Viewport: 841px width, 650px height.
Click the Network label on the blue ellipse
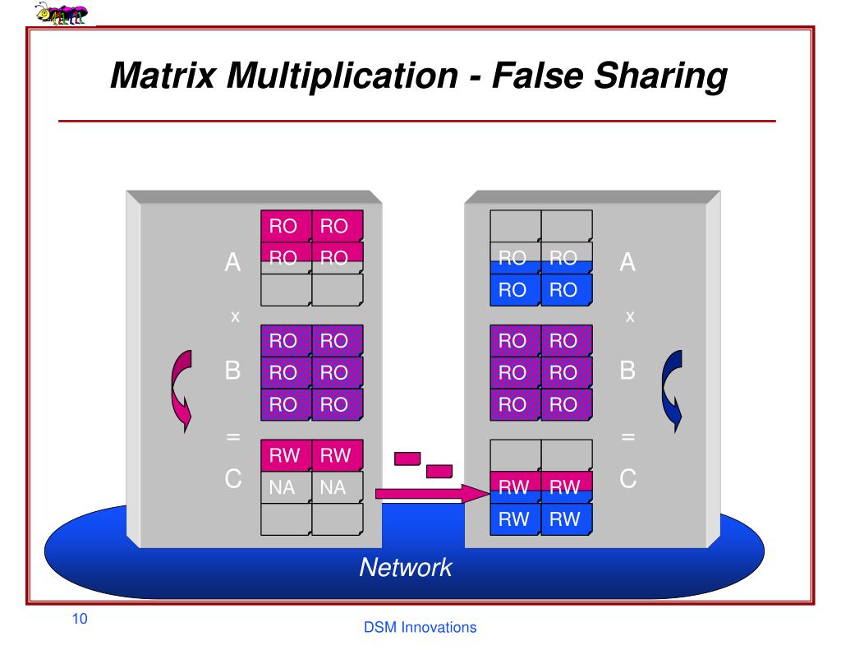[405, 567]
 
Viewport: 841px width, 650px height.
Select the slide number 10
[80, 619]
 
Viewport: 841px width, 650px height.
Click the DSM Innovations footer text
[420, 628]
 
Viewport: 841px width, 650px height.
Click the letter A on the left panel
[233, 263]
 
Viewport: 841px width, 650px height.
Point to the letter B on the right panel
[628, 371]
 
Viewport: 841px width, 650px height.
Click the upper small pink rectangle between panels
[407, 458]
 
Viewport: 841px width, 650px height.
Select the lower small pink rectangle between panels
[439, 472]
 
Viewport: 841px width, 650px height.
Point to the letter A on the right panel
[628, 263]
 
